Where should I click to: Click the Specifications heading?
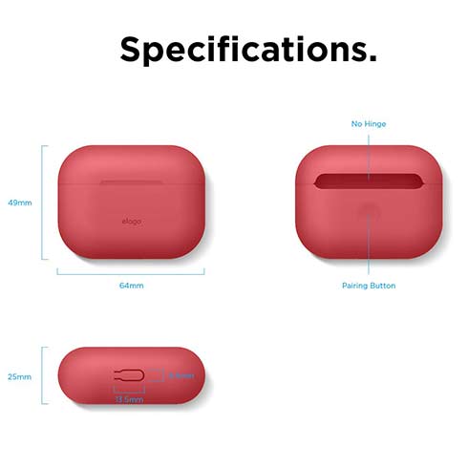(247, 49)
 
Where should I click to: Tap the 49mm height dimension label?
(19, 202)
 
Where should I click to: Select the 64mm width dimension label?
(131, 285)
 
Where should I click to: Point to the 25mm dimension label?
(19, 376)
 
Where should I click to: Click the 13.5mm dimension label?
(129, 398)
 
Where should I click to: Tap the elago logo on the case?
(131, 223)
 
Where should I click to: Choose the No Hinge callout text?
(369, 124)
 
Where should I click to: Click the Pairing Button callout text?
(369, 286)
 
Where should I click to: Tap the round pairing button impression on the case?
(369, 213)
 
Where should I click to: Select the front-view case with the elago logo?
(131, 202)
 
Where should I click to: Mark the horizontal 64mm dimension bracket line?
(131, 271)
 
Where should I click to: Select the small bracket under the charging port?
(129, 390)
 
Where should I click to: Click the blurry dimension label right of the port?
(181, 375)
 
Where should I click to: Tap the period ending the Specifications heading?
(372, 59)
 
